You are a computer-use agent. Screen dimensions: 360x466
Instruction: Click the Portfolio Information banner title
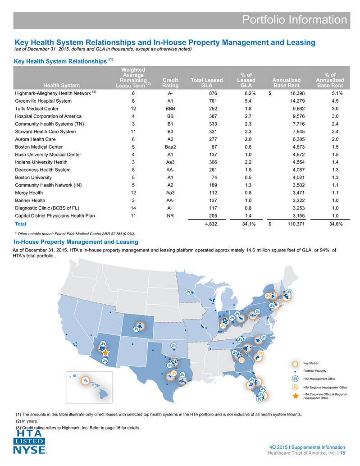[294, 20]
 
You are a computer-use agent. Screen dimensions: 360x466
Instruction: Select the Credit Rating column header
[170, 82]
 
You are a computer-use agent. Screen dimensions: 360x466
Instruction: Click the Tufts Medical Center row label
[37, 109]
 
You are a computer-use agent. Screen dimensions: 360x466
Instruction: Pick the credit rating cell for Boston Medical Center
[170, 147]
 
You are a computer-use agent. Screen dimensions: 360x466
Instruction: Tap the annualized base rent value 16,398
[297, 93]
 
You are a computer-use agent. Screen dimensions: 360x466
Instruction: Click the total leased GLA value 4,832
[211, 224]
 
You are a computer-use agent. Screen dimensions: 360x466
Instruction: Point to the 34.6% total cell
[336, 224]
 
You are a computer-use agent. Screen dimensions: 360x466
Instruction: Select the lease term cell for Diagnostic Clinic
[133, 208]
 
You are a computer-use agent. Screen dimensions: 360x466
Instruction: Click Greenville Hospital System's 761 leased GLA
[213, 101]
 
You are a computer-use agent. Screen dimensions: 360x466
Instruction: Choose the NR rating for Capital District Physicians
[170, 216]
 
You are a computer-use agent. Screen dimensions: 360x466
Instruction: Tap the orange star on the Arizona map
[106, 353]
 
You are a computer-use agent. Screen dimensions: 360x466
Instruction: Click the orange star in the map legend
[295, 396]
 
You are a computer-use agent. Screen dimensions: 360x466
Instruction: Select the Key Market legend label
[311, 363]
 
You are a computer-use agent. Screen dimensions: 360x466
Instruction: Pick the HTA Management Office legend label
[319, 379]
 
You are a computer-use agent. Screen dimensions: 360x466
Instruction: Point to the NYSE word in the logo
[29, 450]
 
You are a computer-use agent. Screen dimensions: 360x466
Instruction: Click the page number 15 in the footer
[342, 453]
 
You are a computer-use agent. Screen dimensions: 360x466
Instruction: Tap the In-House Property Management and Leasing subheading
[76, 242]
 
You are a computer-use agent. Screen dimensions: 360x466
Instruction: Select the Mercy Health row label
[29, 193]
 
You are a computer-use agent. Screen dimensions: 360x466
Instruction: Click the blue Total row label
[20, 224]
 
